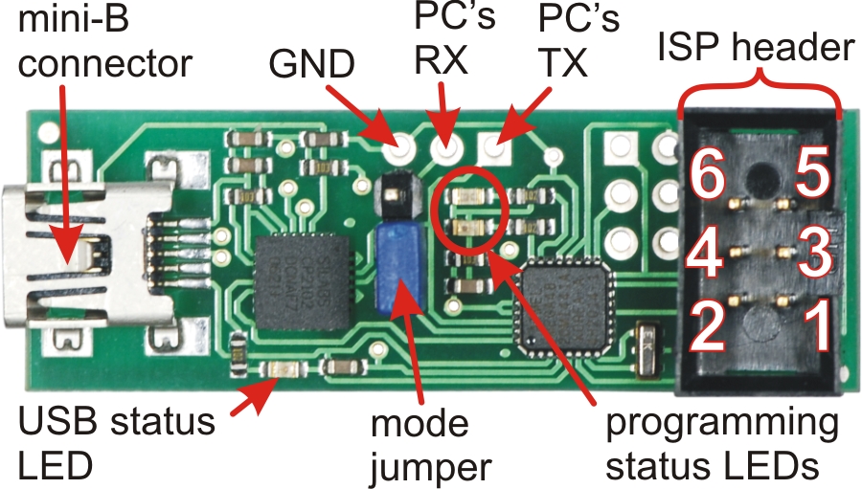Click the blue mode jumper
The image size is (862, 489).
coord(399,267)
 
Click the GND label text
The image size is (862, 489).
coord(311,64)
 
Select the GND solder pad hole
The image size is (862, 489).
coord(403,147)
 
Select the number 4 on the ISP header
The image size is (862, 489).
coord(705,253)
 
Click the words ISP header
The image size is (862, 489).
coord(756,48)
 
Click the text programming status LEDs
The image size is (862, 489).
coord(721,444)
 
